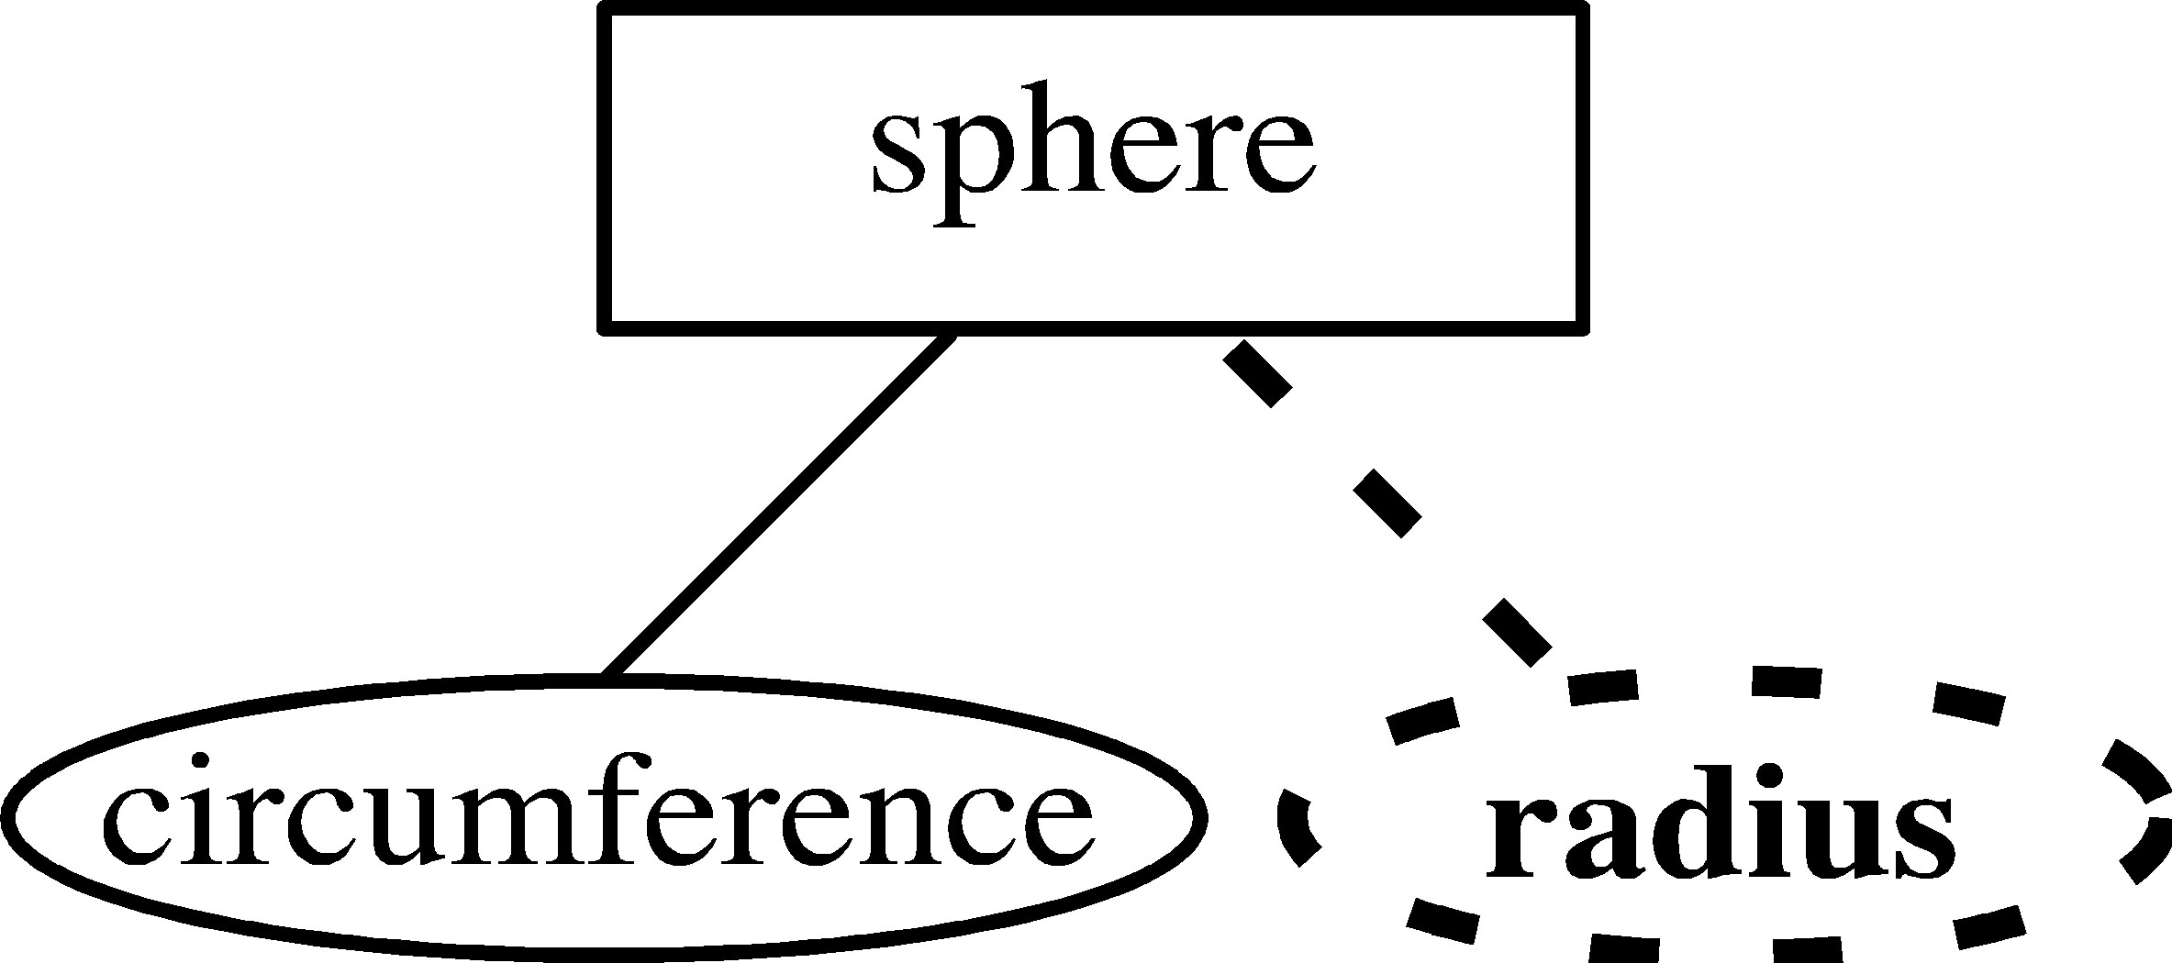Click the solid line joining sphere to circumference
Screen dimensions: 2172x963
pyautogui.click(x=778, y=506)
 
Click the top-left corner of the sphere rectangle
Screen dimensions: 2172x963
pyautogui.click(x=602, y=9)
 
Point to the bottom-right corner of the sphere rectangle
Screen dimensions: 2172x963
pyautogui.click(x=1580, y=327)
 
